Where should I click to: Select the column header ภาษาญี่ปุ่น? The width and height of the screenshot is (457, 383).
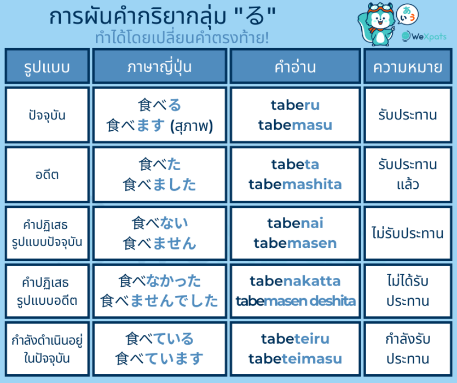pyautogui.click(x=159, y=67)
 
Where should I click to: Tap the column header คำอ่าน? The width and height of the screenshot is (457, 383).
pyautogui.click(x=295, y=67)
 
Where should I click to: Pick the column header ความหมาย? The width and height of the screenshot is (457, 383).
pyautogui.click(x=408, y=67)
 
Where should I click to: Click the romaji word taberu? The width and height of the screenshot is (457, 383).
pyautogui.click(x=295, y=105)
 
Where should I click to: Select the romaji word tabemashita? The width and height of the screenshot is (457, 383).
pyautogui.click(x=295, y=184)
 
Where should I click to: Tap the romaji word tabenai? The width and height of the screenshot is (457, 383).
pyautogui.click(x=295, y=223)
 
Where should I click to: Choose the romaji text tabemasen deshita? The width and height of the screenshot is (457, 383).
pyautogui.click(x=296, y=301)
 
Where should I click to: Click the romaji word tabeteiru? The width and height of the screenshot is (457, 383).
pyautogui.click(x=295, y=339)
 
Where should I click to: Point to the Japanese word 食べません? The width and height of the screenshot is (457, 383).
pyautogui.click(x=159, y=243)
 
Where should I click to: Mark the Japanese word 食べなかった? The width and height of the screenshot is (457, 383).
pyautogui.click(x=159, y=281)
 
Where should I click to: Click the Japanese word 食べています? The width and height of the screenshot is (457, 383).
pyautogui.click(x=159, y=359)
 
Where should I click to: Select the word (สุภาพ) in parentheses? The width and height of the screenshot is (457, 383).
pyautogui.click(x=192, y=126)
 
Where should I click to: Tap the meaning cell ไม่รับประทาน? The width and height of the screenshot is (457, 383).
pyautogui.click(x=408, y=233)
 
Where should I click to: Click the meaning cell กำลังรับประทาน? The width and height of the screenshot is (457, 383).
pyautogui.click(x=408, y=349)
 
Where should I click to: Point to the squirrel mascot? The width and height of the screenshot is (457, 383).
pyautogui.click(x=377, y=25)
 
